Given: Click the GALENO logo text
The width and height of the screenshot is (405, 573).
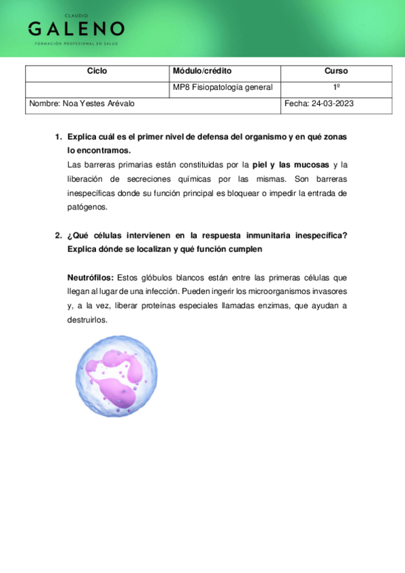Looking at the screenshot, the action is coord(76,28).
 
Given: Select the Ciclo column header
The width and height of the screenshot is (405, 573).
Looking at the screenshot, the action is coord(97,71).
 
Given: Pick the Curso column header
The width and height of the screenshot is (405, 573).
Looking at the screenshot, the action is coord(336,71).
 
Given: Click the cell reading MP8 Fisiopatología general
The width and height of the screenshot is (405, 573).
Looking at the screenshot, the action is coord(222,87).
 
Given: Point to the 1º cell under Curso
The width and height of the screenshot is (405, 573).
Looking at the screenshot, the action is coord(336,87).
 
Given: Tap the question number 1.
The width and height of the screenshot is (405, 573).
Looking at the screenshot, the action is coord(58,136).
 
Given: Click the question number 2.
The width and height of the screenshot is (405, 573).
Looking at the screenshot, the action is coord(58,235).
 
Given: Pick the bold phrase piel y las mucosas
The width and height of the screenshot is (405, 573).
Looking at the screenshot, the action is coord(290,165).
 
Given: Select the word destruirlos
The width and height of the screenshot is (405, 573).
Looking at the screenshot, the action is coord(87,320).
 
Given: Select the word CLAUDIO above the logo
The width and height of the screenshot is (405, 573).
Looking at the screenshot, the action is coord(76,15).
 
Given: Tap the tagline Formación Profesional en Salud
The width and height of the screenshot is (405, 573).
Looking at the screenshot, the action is coord(76,43).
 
